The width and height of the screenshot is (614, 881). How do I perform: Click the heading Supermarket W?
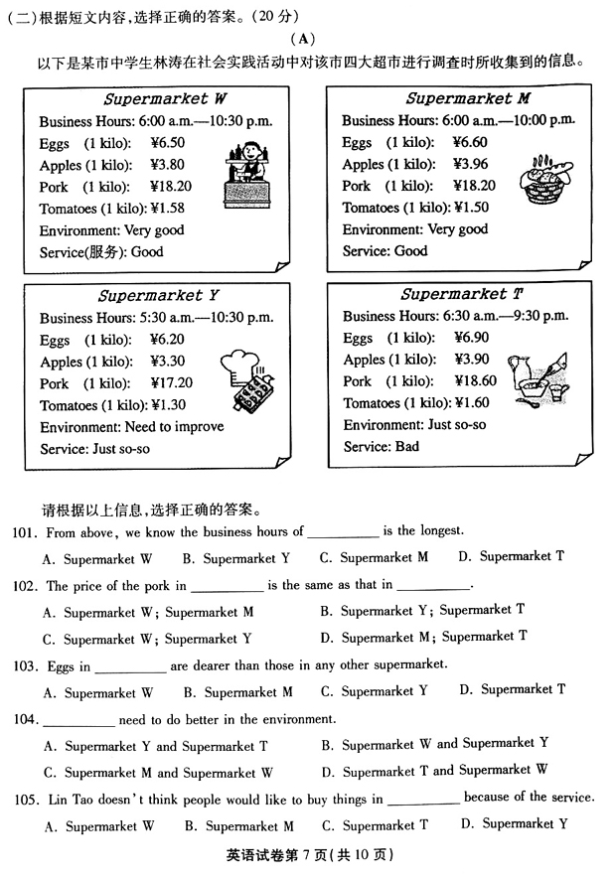pos(165,99)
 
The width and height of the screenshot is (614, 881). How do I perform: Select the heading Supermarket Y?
pos(158,296)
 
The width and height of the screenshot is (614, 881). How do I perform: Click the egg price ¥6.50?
pos(167,143)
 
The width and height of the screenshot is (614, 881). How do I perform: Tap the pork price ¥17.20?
pos(171,383)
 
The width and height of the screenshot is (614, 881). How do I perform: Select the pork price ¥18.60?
pos(474,381)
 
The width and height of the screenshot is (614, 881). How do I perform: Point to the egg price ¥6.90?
pos(470,338)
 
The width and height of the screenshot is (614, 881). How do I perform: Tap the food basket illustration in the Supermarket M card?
pos(544,177)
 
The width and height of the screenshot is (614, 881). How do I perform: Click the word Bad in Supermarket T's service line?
pos(407,447)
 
